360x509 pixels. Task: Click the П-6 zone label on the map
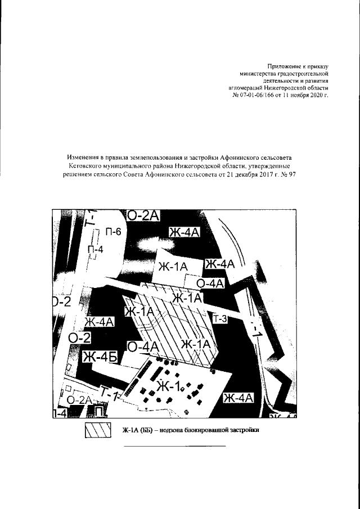(x=113, y=232)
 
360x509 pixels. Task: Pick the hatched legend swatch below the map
(x=98, y=430)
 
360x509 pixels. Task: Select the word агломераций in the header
(x=247, y=88)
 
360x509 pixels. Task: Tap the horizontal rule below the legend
(x=174, y=446)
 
